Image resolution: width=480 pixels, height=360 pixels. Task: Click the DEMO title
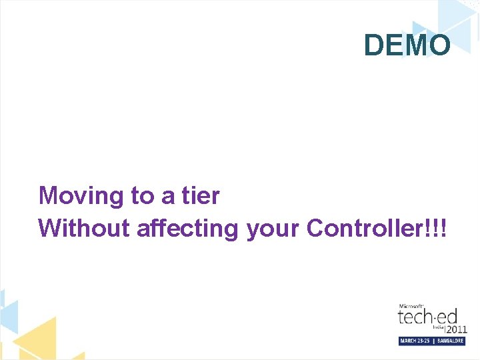pyautogui.click(x=407, y=45)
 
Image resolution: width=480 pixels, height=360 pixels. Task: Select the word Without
pyautogui.click(x=84, y=228)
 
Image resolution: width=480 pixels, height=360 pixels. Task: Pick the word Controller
pyautogui.click(x=363, y=228)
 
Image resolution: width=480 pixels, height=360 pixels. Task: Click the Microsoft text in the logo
pyautogui.click(x=411, y=305)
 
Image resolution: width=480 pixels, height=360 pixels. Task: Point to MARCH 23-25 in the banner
pyautogui.click(x=415, y=341)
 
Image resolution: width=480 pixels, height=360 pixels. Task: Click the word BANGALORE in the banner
pyautogui.click(x=450, y=341)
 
